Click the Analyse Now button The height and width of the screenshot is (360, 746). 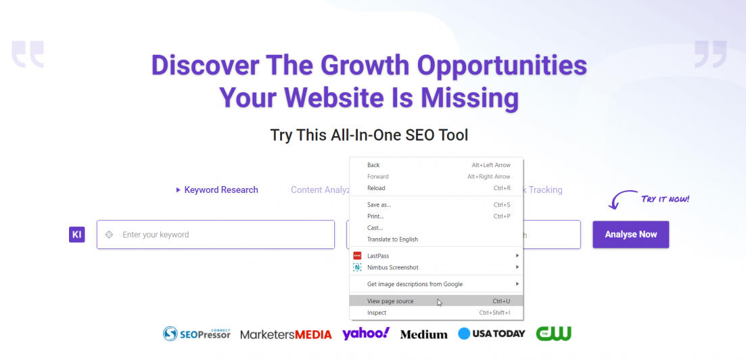point(630,234)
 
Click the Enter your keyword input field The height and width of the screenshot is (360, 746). point(216,234)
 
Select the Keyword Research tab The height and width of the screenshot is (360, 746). point(217,190)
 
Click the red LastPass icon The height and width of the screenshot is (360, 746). point(357,256)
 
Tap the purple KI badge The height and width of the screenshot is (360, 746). point(77,234)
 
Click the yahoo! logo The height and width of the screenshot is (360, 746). point(366,334)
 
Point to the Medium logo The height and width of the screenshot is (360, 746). point(424,334)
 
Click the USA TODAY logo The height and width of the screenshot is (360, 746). point(492,334)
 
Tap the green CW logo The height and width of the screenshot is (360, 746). point(554,334)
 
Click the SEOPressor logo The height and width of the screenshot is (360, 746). point(197,334)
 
